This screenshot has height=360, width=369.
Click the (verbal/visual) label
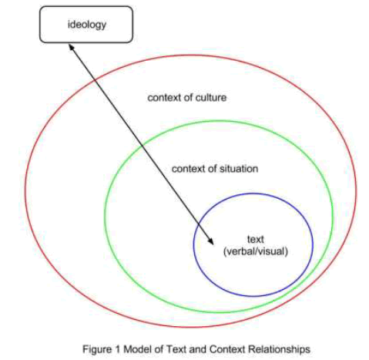[x=254, y=251]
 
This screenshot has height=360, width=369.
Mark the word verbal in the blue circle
[x=240, y=251]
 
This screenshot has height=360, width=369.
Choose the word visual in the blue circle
[x=270, y=251]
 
